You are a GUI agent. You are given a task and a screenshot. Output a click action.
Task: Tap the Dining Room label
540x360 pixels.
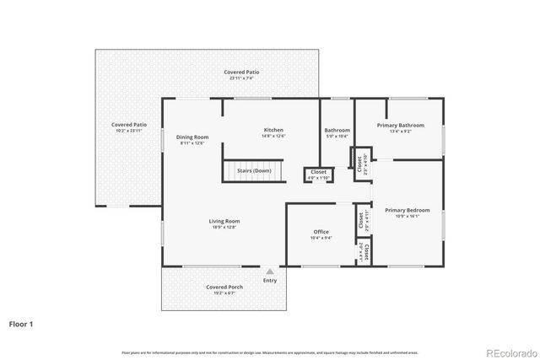click(192, 137)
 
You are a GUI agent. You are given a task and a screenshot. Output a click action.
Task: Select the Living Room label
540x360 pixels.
click(225, 221)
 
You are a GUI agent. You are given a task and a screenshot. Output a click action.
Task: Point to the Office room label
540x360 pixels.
click(321, 232)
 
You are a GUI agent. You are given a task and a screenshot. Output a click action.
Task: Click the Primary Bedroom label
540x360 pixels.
click(408, 210)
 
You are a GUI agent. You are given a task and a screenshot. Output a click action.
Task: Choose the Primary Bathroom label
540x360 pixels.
click(401, 125)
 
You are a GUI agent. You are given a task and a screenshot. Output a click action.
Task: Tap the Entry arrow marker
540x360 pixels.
click(269, 271)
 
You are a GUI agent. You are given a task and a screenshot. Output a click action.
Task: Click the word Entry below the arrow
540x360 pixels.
click(269, 281)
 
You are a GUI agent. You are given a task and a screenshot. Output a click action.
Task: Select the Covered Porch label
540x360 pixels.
click(224, 287)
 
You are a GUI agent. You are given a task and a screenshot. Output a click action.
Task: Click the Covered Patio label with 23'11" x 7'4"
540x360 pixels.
click(241, 73)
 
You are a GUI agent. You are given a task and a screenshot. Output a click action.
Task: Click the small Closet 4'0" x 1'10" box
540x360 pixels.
click(318, 174)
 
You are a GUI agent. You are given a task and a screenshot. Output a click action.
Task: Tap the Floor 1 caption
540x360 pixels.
click(22, 323)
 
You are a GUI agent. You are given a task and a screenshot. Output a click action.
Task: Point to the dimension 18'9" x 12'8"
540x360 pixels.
click(225, 227)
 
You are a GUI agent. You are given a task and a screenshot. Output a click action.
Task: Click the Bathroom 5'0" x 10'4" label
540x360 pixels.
click(337, 132)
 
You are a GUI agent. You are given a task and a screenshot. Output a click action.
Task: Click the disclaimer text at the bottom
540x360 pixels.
click(269, 352)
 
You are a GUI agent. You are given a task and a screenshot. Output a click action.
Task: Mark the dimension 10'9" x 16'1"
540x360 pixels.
click(408, 216)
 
